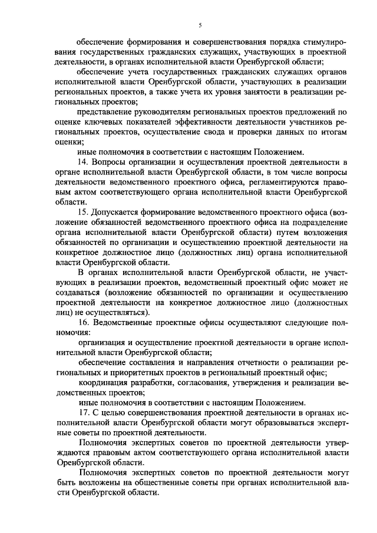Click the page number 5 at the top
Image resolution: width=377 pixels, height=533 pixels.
click(x=200, y=24)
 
